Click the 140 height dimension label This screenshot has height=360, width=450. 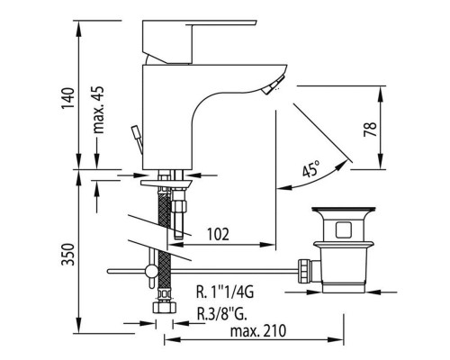coord(67,98)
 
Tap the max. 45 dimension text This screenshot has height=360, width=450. coord(98,110)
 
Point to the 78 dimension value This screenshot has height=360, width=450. coord(370,129)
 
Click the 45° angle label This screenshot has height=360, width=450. coord(310,169)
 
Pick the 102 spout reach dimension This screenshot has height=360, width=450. coord(218,234)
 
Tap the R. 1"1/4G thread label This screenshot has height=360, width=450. coord(225,292)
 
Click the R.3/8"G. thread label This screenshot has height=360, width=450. coord(221,314)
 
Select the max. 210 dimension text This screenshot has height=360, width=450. coord(258,331)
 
